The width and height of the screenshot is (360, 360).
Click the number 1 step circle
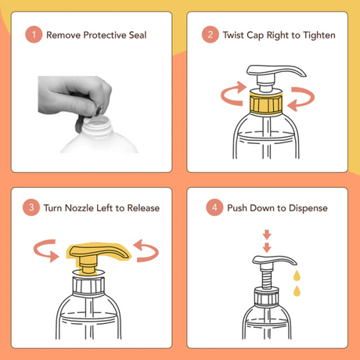click(x=33, y=35)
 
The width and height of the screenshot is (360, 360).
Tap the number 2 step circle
click(x=210, y=35)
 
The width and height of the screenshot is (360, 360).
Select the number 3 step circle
click(x=33, y=207)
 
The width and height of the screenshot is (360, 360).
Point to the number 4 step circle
click(x=210, y=207)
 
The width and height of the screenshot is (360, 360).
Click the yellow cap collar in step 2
click(x=267, y=102)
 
